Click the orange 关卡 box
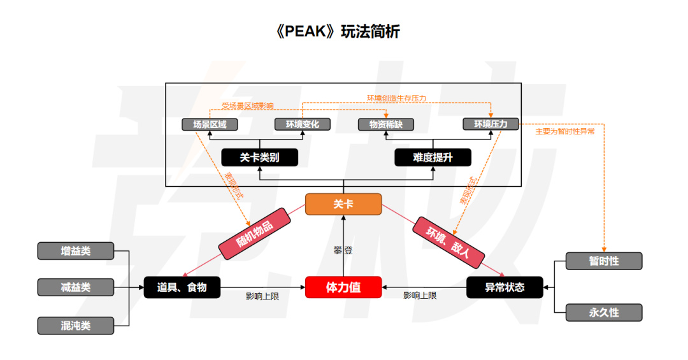pyautogui.click(x=343, y=204)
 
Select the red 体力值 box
pyautogui.click(x=343, y=287)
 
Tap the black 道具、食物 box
pyautogui.click(x=182, y=287)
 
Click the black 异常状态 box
pyautogui.click(x=505, y=287)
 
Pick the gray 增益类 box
pyautogui.click(x=75, y=251)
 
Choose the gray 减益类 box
pyautogui.click(x=75, y=287)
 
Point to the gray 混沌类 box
pyautogui.click(x=75, y=326)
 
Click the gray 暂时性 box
pyautogui.click(x=604, y=261)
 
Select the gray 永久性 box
pyautogui.click(x=604, y=313)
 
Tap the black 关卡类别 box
pyautogui.click(x=260, y=157)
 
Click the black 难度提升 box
pyautogui.click(x=433, y=157)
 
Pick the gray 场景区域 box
pyautogui.click(x=210, y=124)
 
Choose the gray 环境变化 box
pyautogui.click(x=303, y=124)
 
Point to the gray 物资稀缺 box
pyautogui.click(x=385, y=124)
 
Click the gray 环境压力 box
pyautogui.click(x=491, y=124)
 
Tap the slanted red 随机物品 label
pyautogui.click(x=254, y=234)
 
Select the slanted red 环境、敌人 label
pyautogui.click(x=448, y=242)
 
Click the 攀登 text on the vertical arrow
pyautogui.click(x=343, y=250)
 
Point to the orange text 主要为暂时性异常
pyautogui.click(x=564, y=131)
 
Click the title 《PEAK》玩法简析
pyautogui.click(x=337, y=32)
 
